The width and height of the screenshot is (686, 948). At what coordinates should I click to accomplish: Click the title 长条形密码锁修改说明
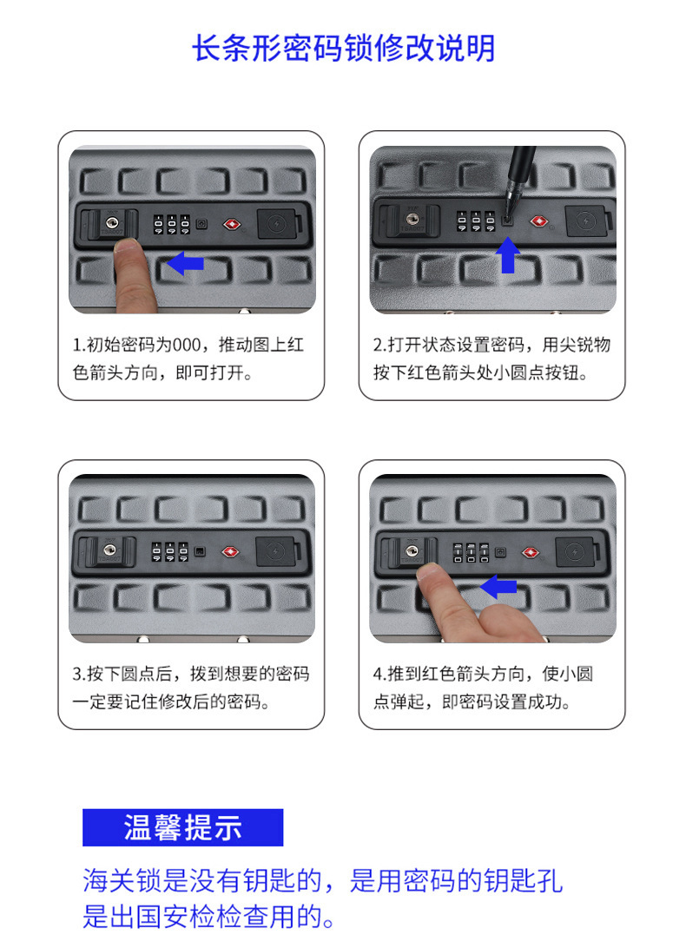(343, 48)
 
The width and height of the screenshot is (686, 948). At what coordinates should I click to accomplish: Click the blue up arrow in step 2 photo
(508, 254)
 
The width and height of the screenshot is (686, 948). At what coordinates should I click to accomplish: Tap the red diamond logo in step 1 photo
(232, 225)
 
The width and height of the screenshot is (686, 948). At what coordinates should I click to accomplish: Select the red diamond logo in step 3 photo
(230, 552)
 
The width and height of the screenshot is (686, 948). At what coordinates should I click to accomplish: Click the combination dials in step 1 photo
(172, 224)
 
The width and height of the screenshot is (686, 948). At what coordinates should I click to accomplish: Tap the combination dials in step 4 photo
(472, 552)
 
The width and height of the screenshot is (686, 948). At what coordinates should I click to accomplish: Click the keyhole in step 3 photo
(109, 550)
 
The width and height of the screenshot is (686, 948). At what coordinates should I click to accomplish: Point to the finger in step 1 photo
(133, 275)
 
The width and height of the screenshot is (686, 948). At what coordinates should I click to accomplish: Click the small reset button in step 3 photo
(199, 551)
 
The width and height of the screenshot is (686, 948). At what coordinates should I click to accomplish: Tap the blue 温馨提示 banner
(182, 827)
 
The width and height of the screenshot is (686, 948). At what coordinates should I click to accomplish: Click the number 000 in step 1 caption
(187, 345)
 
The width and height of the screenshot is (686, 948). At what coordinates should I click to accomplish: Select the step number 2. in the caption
(379, 345)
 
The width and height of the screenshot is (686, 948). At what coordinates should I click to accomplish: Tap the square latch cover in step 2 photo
(585, 221)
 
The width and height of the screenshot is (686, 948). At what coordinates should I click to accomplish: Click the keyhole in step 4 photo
(412, 550)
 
